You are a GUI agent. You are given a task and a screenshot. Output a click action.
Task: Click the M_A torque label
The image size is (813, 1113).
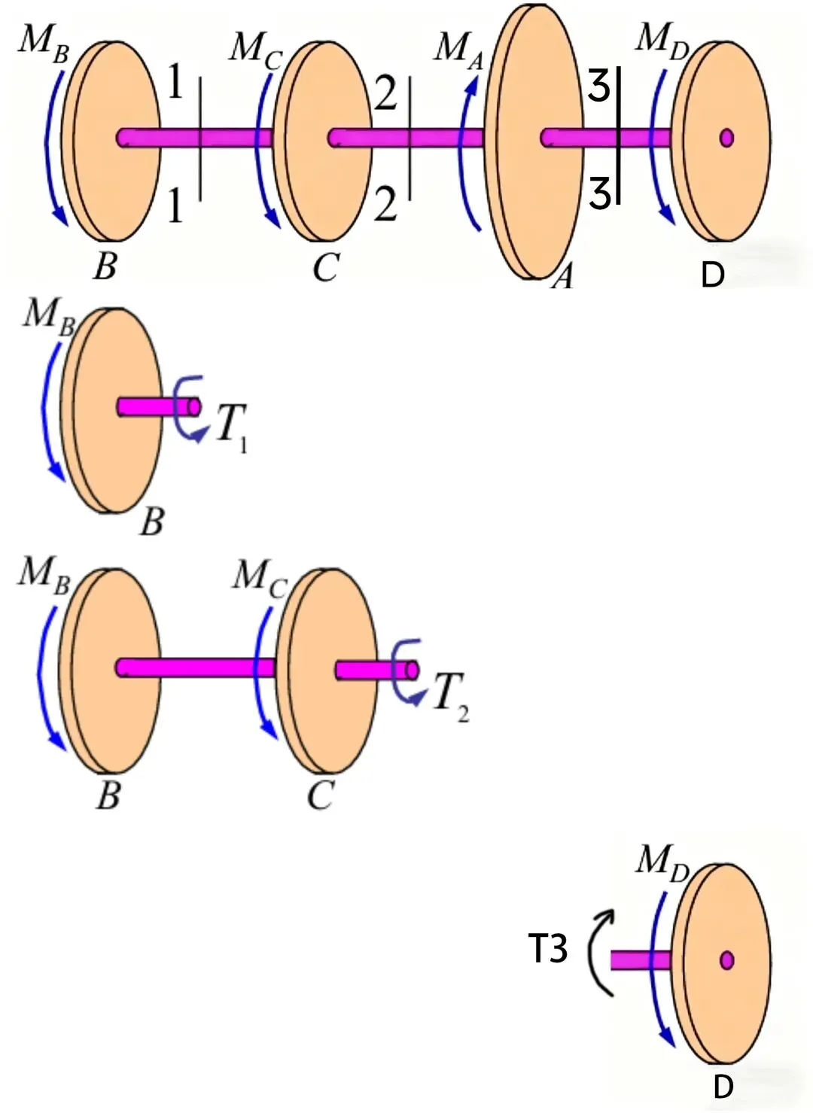point(458,49)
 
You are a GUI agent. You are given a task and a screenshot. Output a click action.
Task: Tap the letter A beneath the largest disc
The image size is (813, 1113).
point(563,278)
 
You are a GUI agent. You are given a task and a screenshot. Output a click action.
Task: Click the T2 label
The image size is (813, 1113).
point(450,694)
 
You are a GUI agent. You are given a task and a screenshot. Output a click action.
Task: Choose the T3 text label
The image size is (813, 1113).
point(548,948)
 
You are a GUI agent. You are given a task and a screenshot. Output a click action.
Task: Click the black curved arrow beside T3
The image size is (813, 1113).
point(601,952)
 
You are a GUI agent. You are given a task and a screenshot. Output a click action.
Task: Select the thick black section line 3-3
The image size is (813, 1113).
point(618,135)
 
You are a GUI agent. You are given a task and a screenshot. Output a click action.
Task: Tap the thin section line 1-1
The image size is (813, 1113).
point(200,139)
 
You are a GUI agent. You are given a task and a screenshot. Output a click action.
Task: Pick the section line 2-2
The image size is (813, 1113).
point(410,139)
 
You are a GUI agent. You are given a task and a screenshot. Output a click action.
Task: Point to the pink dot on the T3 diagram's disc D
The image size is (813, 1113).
point(726,960)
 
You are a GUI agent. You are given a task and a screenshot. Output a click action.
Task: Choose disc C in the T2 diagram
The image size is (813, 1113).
point(327,670)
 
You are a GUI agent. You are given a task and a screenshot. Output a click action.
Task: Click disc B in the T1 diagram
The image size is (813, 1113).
point(113,410)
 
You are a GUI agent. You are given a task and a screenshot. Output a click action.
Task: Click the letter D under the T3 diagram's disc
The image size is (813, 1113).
point(723,1087)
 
